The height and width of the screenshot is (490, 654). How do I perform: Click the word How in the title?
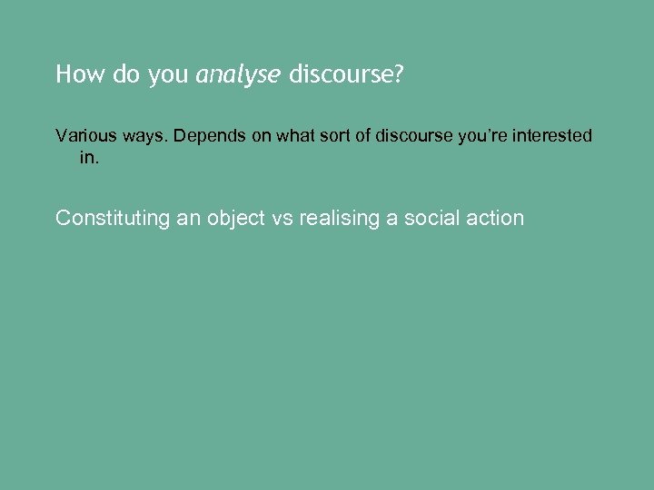76,74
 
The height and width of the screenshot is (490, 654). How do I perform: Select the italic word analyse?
239,75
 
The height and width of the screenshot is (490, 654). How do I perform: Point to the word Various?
84,136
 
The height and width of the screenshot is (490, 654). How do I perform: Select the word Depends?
207,136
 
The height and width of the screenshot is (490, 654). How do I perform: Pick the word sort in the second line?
338,136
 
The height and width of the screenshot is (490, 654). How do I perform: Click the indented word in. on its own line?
88,158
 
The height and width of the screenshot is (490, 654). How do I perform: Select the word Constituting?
113,218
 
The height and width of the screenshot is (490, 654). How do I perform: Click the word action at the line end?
496,218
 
